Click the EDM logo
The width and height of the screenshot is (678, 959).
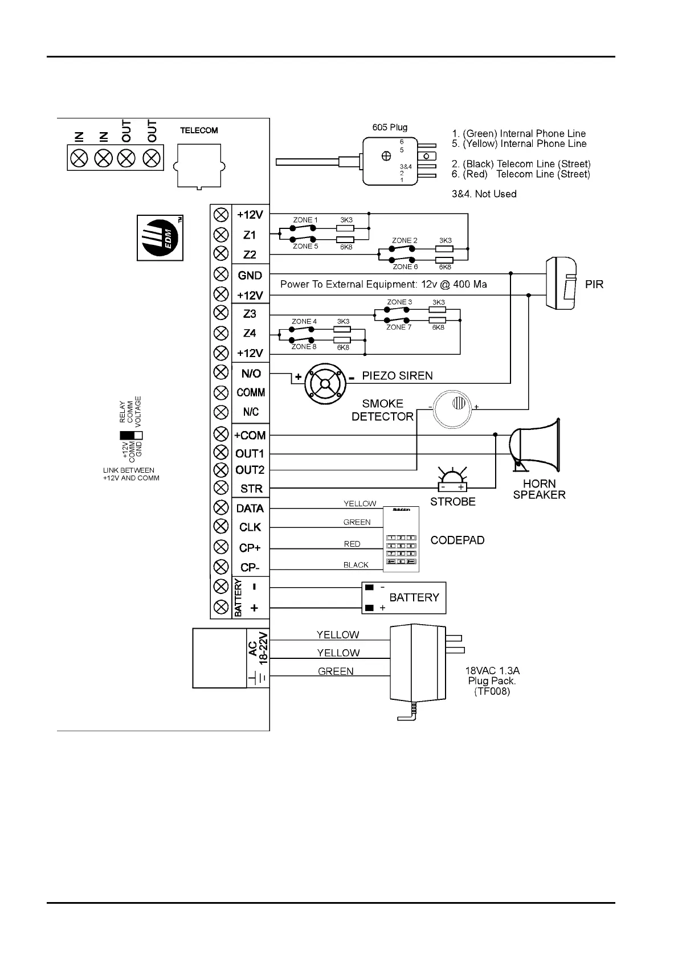coord(160,237)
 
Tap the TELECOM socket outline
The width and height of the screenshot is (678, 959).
coord(199,165)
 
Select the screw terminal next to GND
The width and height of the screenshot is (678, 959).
coord(220,274)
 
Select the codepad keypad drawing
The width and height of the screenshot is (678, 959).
coord(401,539)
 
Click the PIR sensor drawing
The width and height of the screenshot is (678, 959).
coord(562,284)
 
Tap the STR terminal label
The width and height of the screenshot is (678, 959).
coord(251,489)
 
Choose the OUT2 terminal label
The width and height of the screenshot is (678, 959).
coord(250,470)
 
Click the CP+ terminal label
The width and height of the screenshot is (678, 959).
coord(250,548)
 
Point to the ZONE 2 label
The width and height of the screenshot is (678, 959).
coord(405,240)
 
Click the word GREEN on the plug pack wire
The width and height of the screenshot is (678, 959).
coord(336,671)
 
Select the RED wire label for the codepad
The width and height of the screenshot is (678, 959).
coord(352,544)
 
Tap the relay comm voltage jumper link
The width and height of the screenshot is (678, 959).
coord(130,436)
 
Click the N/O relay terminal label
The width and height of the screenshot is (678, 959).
coord(251,374)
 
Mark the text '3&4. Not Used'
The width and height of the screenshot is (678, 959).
coord(484,194)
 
